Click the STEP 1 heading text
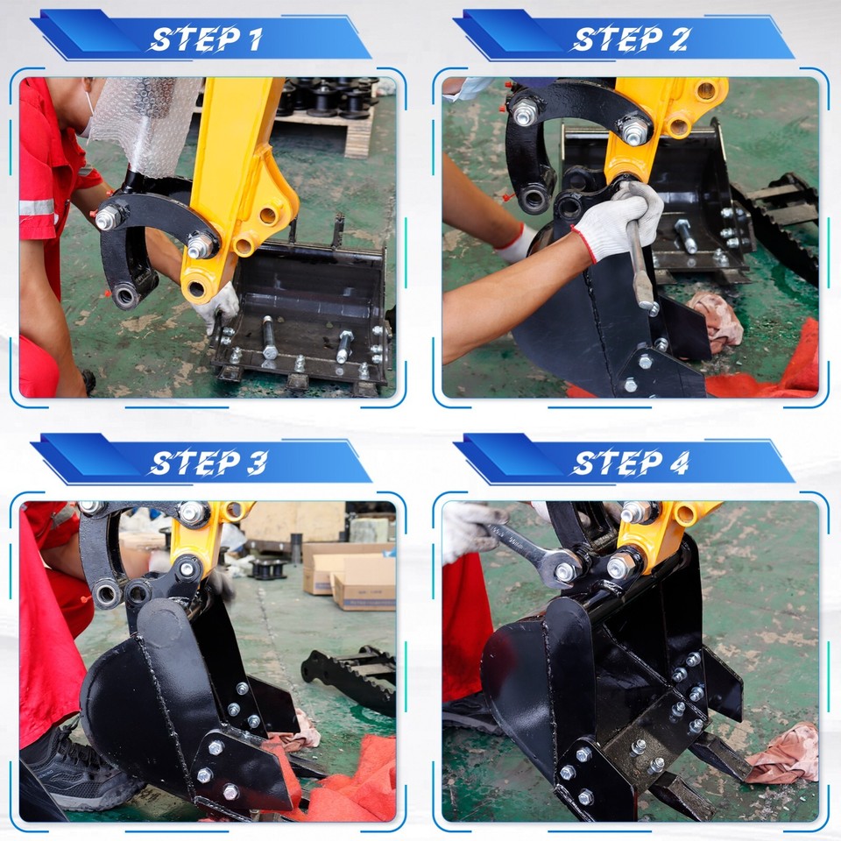tap(207, 39)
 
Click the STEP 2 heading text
tap(630, 39)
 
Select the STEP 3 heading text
tap(207, 462)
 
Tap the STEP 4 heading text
tap(630, 462)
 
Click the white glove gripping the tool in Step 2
tap(622, 219)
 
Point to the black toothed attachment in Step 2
tap(784, 219)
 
